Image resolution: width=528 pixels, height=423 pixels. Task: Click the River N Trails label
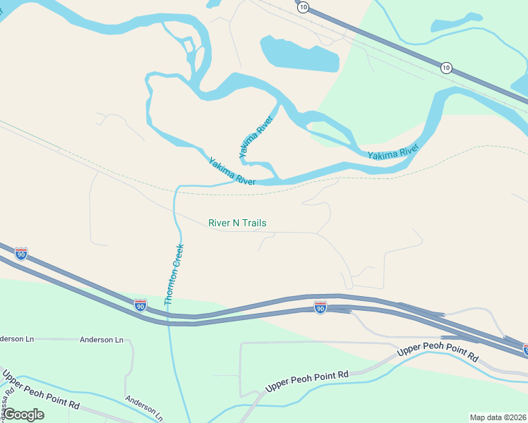237,223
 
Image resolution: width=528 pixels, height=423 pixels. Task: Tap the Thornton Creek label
174,274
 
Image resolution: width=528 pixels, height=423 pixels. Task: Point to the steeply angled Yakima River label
255,136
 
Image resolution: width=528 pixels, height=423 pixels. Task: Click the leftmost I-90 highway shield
21,254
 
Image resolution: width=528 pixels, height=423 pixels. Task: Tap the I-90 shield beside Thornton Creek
140,305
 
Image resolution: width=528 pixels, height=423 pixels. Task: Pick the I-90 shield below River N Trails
320,307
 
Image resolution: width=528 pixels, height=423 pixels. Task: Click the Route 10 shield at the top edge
303,6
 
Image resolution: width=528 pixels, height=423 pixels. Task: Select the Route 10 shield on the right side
446,68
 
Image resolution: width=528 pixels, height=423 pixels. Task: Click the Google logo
23,415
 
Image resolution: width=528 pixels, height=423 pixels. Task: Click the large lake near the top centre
298,54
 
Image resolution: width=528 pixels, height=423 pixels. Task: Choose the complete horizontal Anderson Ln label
102,340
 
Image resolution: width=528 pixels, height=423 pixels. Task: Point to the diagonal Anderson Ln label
144,407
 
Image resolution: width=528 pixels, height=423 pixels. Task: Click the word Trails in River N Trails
253,223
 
